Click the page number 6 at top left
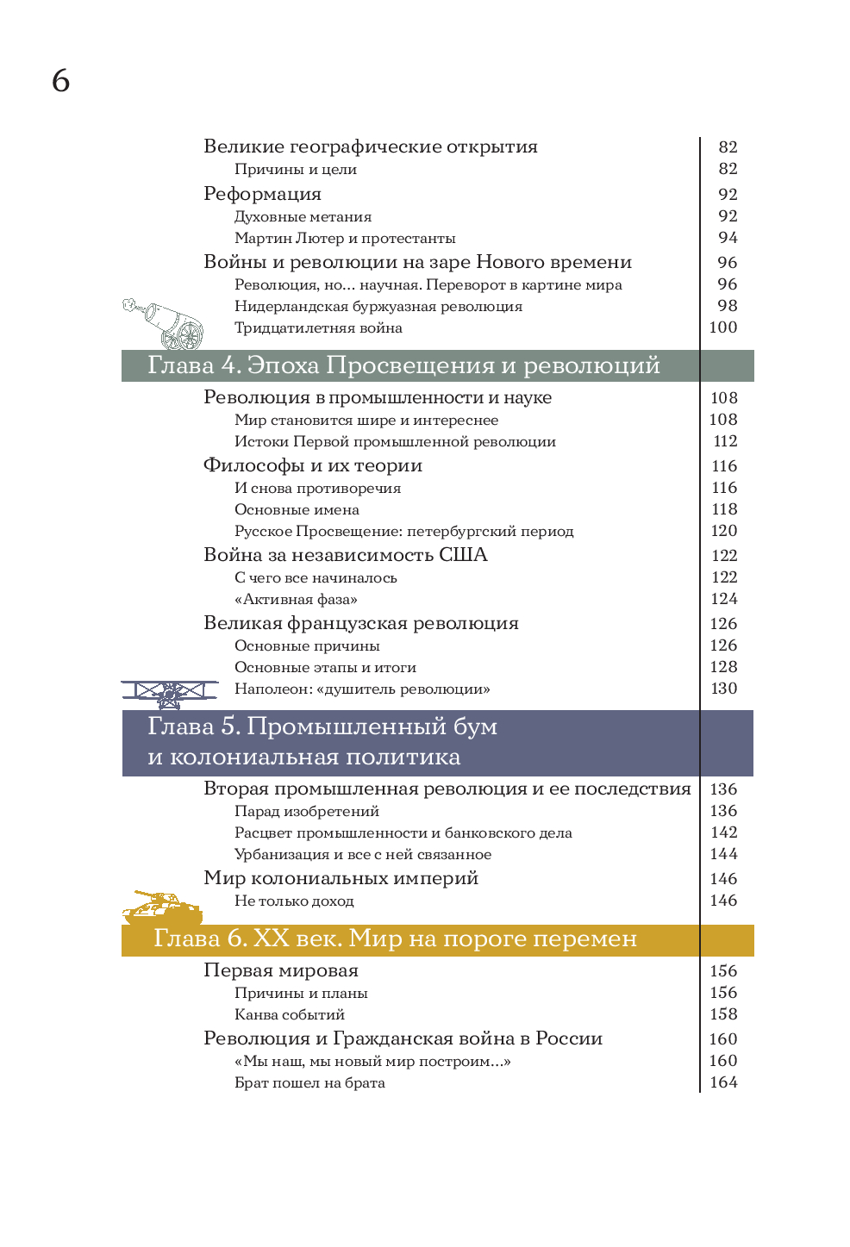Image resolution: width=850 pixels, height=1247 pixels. [x=60, y=81]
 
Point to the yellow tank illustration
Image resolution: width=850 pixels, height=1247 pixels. [x=162, y=907]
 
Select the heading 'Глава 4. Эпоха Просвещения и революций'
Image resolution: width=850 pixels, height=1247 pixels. [x=403, y=365]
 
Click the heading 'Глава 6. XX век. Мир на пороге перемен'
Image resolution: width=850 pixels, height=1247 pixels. [x=395, y=938]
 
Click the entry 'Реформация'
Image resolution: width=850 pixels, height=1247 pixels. [x=262, y=194]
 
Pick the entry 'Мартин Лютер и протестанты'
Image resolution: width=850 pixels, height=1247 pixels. [x=345, y=238]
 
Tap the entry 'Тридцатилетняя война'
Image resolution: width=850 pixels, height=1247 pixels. [x=318, y=327]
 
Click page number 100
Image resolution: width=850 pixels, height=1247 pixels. [x=722, y=327]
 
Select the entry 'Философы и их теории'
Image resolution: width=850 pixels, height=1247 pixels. [x=313, y=465]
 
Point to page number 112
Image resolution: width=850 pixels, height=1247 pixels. [x=725, y=441]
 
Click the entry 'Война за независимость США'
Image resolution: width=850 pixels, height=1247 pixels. [x=345, y=555]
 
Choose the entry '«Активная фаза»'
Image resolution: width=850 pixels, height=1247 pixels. [x=296, y=599]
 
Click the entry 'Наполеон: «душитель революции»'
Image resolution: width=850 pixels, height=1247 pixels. [x=362, y=689]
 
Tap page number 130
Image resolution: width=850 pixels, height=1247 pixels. [x=723, y=689]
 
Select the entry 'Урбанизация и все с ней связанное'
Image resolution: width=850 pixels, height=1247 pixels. [x=363, y=854]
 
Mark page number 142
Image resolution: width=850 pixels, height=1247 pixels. [x=723, y=832]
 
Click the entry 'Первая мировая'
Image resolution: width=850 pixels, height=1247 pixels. [x=280, y=970]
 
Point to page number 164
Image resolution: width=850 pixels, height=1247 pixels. [x=723, y=1082]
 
